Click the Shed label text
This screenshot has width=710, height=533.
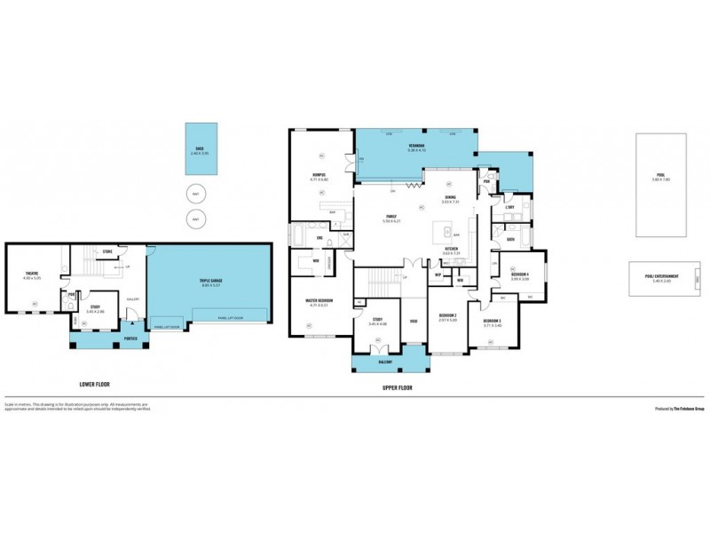pyautogui.click(x=199, y=149)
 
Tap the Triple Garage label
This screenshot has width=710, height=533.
pyautogui.click(x=210, y=282)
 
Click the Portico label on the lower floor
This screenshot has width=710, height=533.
pyautogui.click(x=130, y=338)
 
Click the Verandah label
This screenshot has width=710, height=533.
pyautogui.click(x=416, y=146)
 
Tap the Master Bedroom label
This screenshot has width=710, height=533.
pyautogui.click(x=320, y=301)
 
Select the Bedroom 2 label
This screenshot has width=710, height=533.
pyautogui.click(x=448, y=315)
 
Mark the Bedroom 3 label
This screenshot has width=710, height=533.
pyautogui.click(x=493, y=321)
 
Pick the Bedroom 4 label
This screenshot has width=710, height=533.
pyautogui.click(x=520, y=275)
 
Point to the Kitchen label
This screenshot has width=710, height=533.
pyautogui.click(x=451, y=250)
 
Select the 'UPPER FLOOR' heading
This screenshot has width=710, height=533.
pyautogui.click(x=398, y=388)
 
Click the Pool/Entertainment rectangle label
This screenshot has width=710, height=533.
pyautogui.click(x=661, y=276)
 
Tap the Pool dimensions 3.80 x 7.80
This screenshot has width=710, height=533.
pyautogui.click(x=661, y=179)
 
